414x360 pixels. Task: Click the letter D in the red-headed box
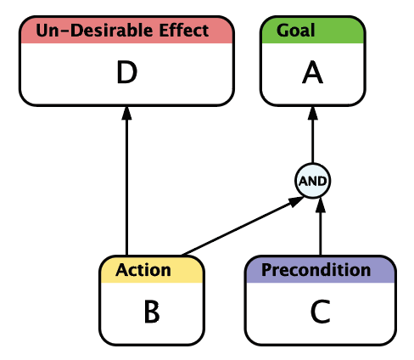coord(127,72)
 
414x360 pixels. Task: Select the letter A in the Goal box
coord(312,72)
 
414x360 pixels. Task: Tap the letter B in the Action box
coord(152,312)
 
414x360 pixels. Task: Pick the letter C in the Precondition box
coord(321,312)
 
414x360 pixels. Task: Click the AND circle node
coord(312,181)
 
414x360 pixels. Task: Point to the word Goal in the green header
coord(295,31)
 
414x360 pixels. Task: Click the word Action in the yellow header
coord(143,270)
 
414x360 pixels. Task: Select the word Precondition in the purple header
coord(316,270)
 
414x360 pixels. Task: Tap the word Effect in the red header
coord(184,31)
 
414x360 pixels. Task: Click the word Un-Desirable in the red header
coord(96,31)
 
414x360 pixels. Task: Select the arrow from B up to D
coord(126,181)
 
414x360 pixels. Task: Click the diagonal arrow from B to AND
coord(243,226)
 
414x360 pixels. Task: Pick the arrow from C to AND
coord(321,227)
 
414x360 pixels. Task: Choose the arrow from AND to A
coord(312,134)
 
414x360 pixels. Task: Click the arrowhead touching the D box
coord(126,113)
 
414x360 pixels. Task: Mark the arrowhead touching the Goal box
coord(312,113)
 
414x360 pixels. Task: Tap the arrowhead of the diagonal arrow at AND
coord(296,201)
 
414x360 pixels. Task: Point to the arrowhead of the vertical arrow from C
coord(321,205)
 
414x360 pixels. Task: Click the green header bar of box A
coord(312,31)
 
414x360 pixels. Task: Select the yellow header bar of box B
coord(152,270)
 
